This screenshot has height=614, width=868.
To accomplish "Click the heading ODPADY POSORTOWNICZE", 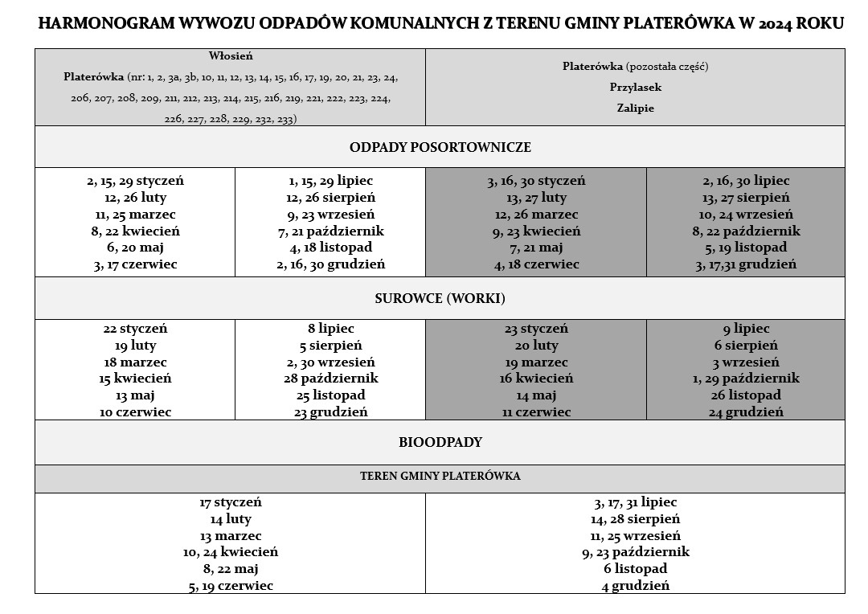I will [x=440, y=148].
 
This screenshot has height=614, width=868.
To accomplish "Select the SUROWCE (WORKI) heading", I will [x=440, y=299].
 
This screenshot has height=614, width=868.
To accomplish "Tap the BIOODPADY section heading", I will [x=440, y=443].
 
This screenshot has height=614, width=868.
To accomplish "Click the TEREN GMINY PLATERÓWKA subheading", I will [x=440, y=477].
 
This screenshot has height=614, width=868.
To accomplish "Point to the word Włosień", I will [x=231, y=56].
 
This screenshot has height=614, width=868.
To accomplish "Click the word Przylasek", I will [x=635, y=87].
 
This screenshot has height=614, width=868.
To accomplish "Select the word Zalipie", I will [x=635, y=108].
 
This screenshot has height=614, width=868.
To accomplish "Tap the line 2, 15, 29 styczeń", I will [x=135, y=182].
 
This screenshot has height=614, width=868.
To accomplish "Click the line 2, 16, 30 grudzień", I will [x=330, y=264].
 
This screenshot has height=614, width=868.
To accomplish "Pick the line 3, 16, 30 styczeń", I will [x=535, y=182].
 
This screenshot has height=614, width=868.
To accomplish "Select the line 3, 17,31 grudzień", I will [x=745, y=264].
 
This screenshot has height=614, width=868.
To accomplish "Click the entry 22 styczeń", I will [x=135, y=329].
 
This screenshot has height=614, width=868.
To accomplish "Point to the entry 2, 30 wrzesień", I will [x=330, y=362].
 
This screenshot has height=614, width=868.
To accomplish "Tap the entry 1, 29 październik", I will [x=745, y=379].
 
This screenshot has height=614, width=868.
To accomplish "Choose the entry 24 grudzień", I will [x=745, y=412].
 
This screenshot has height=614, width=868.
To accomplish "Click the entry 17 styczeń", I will [x=231, y=503].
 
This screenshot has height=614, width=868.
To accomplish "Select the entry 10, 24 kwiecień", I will [x=231, y=552].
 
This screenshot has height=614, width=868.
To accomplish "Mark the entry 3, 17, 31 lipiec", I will [x=635, y=503].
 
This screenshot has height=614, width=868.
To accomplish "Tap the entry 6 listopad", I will [x=635, y=569].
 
